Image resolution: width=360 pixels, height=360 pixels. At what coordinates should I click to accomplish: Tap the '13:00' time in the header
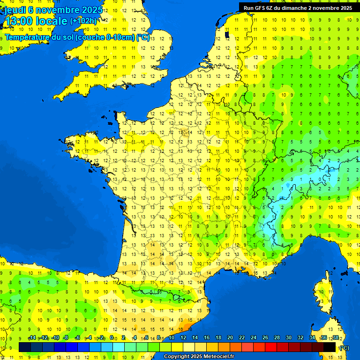coord(20,21)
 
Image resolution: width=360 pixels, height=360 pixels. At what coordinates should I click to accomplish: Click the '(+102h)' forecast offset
coord(83,21)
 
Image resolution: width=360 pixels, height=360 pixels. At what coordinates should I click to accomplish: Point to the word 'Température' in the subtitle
coord(29,37)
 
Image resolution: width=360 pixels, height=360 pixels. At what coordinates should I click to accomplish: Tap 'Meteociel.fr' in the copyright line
coord(217,357)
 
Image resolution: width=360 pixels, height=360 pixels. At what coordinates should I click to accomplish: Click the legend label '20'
coord(230,337)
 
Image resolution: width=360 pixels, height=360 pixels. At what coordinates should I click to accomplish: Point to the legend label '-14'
coord(32,337)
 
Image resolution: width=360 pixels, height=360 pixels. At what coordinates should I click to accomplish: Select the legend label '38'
coord(335,337)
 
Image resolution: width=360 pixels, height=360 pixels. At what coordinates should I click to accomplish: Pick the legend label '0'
coord(112,337)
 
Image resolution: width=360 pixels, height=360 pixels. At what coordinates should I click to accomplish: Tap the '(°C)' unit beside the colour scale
coord(344,347)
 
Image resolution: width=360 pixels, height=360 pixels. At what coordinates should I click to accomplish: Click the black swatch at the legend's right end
coord(330,347)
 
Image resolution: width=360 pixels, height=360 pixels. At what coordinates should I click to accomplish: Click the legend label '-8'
coord(66,337)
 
